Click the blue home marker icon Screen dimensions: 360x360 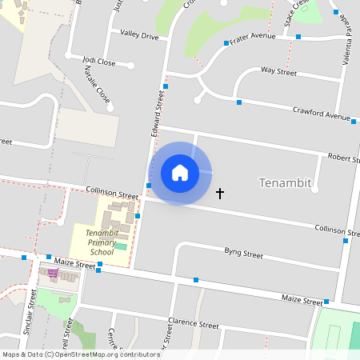[180, 173]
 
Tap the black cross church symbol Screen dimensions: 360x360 [220, 194]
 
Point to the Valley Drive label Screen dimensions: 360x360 [140, 34]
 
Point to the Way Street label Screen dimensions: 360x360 [278, 72]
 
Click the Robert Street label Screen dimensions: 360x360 [341, 158]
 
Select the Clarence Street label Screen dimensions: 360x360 [193, 326]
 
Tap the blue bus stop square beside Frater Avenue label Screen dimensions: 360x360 [226, 43]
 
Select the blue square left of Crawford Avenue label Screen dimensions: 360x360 [238, 102]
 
